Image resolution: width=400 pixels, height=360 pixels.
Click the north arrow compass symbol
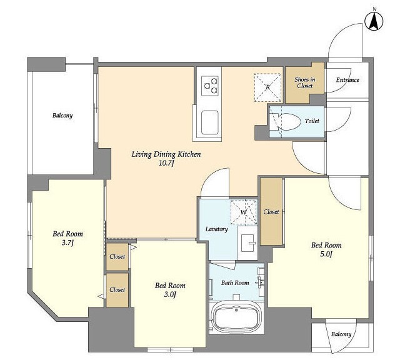(374, 22)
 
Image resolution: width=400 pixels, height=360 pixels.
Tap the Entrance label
(347, 80)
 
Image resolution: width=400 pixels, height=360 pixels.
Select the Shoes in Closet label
(305, 82)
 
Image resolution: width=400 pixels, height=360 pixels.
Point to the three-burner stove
(210, 86)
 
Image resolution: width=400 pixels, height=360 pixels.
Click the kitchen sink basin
(210, 122)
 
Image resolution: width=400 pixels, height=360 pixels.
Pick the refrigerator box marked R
(267, 87)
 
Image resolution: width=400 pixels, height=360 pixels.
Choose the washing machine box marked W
(244, 212)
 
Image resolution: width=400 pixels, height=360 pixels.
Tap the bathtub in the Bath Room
(236, 316)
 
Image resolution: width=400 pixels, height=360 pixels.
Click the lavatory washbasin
(248, 242)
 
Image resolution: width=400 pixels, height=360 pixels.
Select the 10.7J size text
(166, 163)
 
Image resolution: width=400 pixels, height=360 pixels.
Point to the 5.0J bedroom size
(326, 254)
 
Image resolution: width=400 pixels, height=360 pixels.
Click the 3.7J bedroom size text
(67, 242)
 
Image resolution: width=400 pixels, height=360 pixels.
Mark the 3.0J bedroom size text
(170, 294)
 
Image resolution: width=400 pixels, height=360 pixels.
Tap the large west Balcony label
(62, 116)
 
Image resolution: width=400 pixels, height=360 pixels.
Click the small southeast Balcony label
(341, 334)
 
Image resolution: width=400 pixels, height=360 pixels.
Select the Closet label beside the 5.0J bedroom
(271, 212)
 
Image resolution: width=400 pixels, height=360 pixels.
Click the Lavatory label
(217, 229)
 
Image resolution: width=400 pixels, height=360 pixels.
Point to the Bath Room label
(235, 282)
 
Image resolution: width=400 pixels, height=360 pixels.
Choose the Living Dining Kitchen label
(166, 154)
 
